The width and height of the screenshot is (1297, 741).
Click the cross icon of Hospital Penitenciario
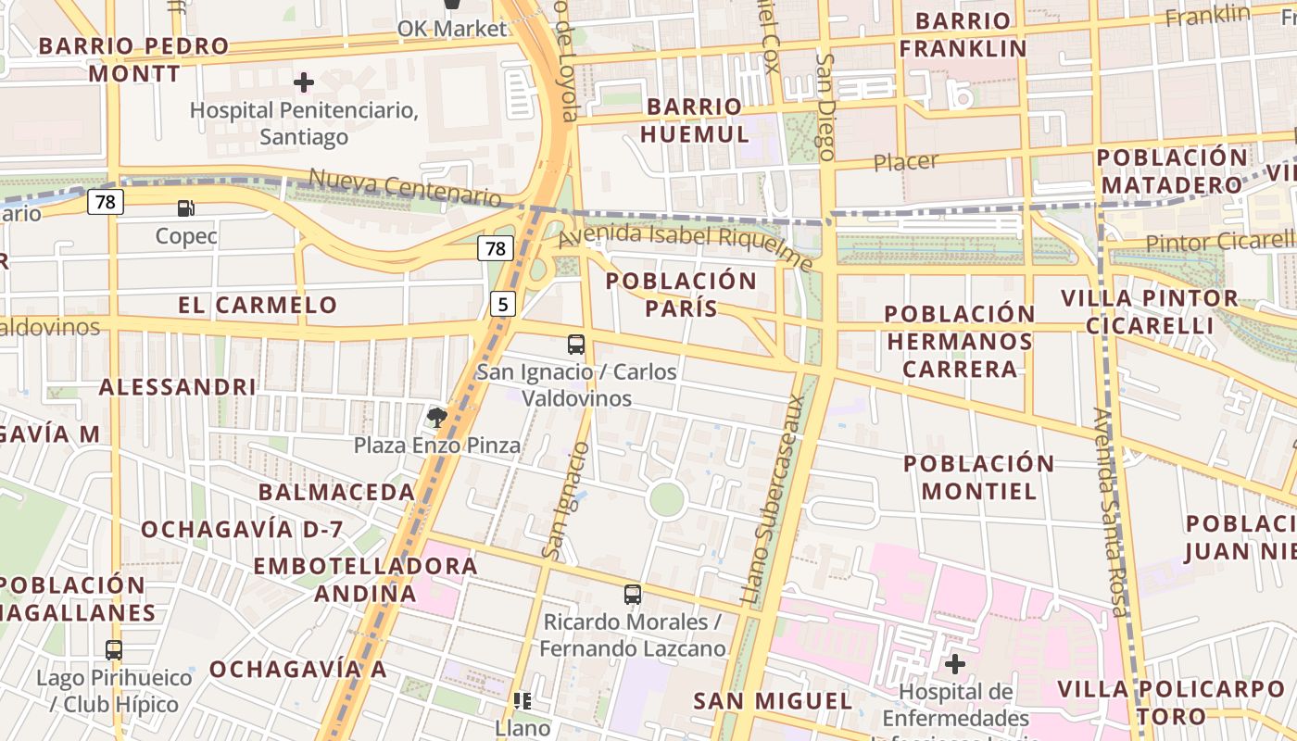(x=303, y=82)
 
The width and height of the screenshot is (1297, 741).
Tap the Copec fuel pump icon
(x=186, y=208)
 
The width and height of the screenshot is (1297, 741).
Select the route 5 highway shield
(x=501, y=304)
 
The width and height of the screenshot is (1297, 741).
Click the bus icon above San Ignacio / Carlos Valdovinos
(x=576, y=345)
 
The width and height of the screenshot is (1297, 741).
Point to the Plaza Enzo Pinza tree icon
(x=437, y=418)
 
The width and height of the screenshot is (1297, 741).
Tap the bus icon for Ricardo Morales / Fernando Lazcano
(x=633, y=595)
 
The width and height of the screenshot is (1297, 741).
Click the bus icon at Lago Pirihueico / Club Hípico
(x=114, y=650)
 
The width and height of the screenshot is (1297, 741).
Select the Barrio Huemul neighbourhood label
(x=695, y=120)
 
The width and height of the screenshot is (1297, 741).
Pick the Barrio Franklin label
(x=963, y=34)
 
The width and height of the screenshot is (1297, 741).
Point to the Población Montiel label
(x=979, y=477)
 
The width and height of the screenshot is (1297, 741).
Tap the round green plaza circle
(x=667, y=500)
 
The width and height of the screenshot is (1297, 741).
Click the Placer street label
(x=906, y=162)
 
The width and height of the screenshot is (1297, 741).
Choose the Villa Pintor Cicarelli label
(x=1150, y=312)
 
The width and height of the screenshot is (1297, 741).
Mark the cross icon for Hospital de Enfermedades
(x=955, y=664)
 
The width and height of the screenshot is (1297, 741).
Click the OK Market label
(x=452, y=29)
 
